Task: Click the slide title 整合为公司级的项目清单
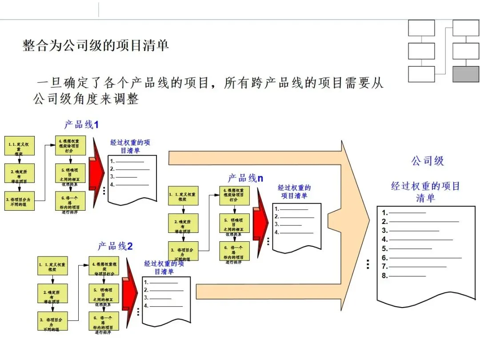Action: pyautogui.click(x=96, y=45)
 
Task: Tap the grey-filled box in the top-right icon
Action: pyautogui.click(x=465, y=74)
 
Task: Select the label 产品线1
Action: pyautogui.click(x=81, y=125)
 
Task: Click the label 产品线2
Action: pyautogui.click(x=115, y=246)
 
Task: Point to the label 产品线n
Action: pyautogui.click(x=245, y=178)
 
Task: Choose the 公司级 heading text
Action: pyautogui.click(x=428, y=161)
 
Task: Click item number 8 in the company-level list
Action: pyautogui.click(x=385, y=276)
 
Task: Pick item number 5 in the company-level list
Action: pyautogui.click(x=385, y=249)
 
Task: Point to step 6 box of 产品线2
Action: pyautogui.click(x=104, y=322)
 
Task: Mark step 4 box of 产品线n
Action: pyautogui.click(x=235, y=196)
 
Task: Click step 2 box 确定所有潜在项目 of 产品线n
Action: pyautogui.click(x=183, y=224)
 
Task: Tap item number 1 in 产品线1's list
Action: pyautogui.click(x=112, y=162)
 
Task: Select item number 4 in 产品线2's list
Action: pyautogui.click(x=146, y=306)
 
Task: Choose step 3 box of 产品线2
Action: pyautogui.click(x=52, y=321)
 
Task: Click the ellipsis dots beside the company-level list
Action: pyautogui.click(x=368, y=264)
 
